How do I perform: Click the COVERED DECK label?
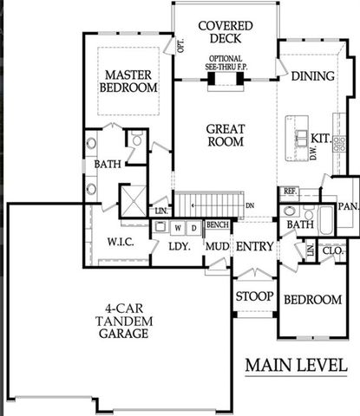[x=225, y=31]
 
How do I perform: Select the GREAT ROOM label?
[x=225, y=135]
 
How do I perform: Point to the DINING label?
[x=312, y=76]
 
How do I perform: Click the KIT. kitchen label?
[x=321, y=139]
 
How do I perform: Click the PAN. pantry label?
[x=349, y=206]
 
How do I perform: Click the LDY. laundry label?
[x=179, y=246]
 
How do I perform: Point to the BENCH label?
[x=217, y=225]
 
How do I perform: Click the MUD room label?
[x=216, y=246]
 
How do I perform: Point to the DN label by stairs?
[x=250, y=205]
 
